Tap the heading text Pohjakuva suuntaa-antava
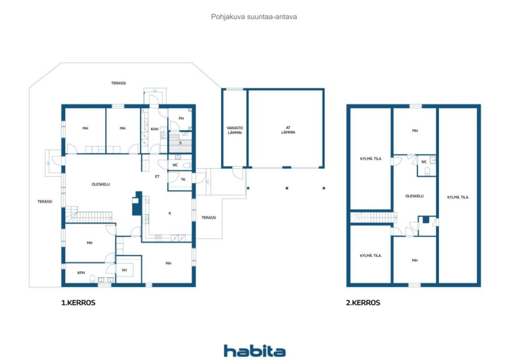point(254,17)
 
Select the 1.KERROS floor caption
point(78,303)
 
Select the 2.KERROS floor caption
point(363,303)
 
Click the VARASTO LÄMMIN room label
point(235,130)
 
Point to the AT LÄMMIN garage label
point(288,130)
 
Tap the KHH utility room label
point(155,129)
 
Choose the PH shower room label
point(181,118)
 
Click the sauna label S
point(181,143)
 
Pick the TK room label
point(183,179)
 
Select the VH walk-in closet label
point(124,270)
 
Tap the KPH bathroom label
point(81,273)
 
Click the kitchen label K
point(170,213)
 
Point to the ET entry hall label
point(157,176)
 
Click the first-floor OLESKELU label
point(101,184)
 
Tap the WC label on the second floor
point(424,162)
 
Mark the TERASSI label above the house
point(119,83)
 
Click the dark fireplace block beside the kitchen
point(137,203)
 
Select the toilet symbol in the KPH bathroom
point(93,278)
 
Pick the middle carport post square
point(287,188)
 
